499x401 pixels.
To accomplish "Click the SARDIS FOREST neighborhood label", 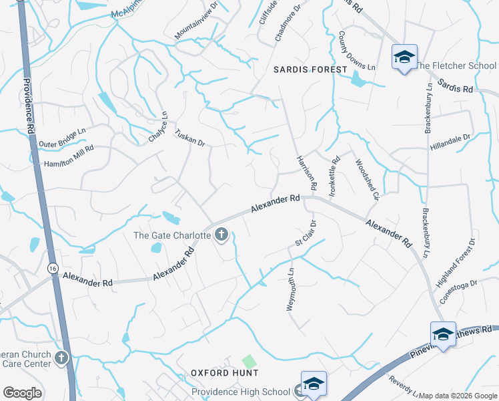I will [x=310, y=70].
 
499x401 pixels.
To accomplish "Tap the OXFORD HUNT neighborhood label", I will [x=224, y=372].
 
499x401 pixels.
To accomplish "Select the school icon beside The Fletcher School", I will [x=404, y=58].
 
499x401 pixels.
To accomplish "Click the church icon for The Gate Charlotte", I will [x=221, y=235].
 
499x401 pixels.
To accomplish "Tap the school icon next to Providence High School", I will [x=313, y=384].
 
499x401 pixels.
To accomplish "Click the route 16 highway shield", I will [x=52, y=267].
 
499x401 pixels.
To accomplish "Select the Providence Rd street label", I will [x=30, y=107].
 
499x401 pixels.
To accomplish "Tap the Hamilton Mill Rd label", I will [x=69, y=156].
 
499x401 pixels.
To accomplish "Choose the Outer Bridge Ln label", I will [x=63, y=138].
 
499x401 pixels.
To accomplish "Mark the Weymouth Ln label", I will [x=290, y=288].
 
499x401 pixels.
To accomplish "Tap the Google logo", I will [x=22, y=392].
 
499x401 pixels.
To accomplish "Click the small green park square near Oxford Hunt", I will [x=249, y=361].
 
